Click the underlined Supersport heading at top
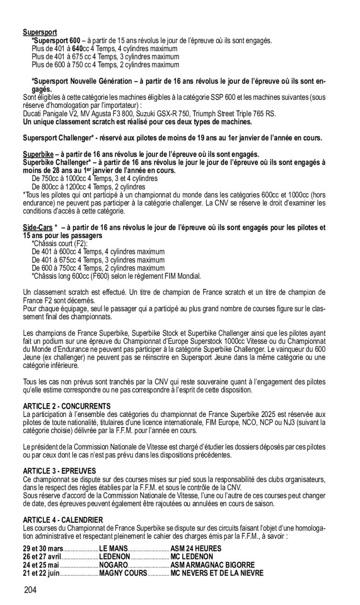pyautogui.click(x=40, y=33)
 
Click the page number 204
pyautogui.click(x=30, y=591)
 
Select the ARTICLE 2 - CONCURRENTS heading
pyautogui.click(x=67, y=406)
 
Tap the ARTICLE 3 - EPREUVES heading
pyautogui.click(x=60, y=471)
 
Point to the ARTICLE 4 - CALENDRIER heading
pyautogui.click(x=63, y=519)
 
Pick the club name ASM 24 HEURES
pyautogui.click(x=196, y=549)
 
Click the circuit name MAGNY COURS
pyautogui.click(x=123, y=573)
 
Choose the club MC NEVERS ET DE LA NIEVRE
pyautogui.click(x=217, y=573)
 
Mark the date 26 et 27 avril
pyautogui.click(x=42, y=557)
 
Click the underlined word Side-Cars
pyautogui.click(x=38, y=228)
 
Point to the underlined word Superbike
pyautogui.click(x=38, y=155)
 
